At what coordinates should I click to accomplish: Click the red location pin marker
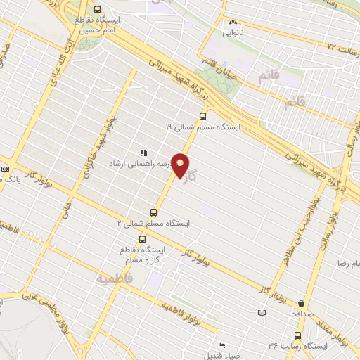pyautogui.click(x=181, y=165)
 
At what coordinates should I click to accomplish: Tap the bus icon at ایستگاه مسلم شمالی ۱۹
pyautogui.click(x=202, y=116)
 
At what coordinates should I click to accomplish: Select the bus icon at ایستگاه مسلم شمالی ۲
pyautogui.click(x=154, y=212)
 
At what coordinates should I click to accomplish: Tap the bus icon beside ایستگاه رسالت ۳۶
pyautogui.click(x=297, y=335)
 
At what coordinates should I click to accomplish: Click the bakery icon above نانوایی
pyautogui.click(x=232, y=22)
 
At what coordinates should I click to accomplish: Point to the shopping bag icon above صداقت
pyautogui.click(x=302, y=304)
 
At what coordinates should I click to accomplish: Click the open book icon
pyautogui.click(x=262, y=312)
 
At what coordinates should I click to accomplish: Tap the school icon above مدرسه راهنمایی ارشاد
pyautogui.click(x=143, y=152)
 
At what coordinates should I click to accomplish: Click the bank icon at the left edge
pyautogui.click(x=5, y=169)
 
